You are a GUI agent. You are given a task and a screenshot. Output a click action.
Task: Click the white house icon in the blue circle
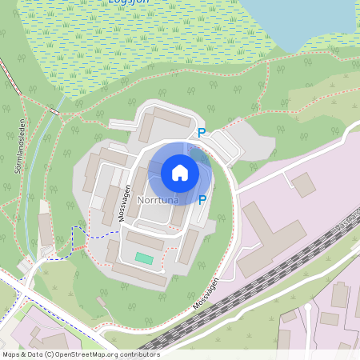[x=180, y=173]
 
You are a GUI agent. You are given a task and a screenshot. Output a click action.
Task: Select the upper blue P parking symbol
[x=202, y=134]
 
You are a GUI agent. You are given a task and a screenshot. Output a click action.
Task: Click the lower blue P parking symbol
[x=202, y=199]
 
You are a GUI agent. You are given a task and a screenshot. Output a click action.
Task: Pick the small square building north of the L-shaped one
[x=304, y=185]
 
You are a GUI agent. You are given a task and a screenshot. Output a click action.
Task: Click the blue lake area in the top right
[x=304, y=20]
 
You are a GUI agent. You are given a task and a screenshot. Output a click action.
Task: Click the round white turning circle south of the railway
[x=307, y=306]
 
